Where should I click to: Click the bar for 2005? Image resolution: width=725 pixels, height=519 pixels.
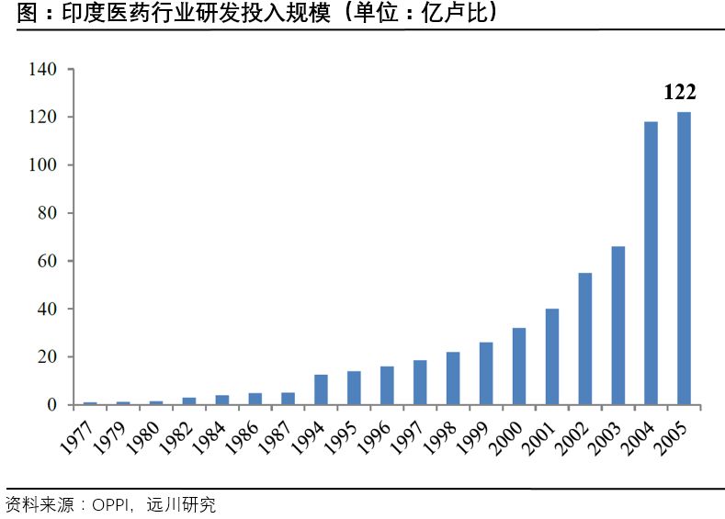tap(684, 258)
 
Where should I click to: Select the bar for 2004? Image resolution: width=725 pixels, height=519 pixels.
tap(651, 263)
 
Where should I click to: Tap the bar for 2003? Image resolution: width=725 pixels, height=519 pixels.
tap(617, 325)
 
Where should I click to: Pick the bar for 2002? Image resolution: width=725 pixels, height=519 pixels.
tap(584, 338)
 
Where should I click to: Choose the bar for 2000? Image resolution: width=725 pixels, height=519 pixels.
tap(518, 366)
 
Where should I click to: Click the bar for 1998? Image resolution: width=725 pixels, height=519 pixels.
tap(452, 378)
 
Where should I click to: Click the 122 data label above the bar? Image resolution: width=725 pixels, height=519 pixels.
tap(680, 92)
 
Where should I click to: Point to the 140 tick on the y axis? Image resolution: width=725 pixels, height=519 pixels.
tap(43, 70)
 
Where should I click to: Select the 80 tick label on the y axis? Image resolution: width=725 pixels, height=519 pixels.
tap(47, 213)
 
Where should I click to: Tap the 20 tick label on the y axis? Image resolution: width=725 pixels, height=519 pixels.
tap(47, 356)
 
